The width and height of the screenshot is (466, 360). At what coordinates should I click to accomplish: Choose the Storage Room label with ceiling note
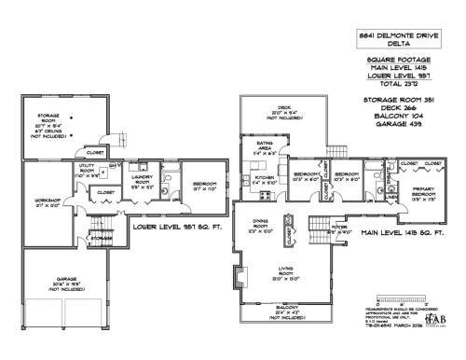48,119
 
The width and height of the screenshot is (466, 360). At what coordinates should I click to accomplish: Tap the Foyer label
337,223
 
